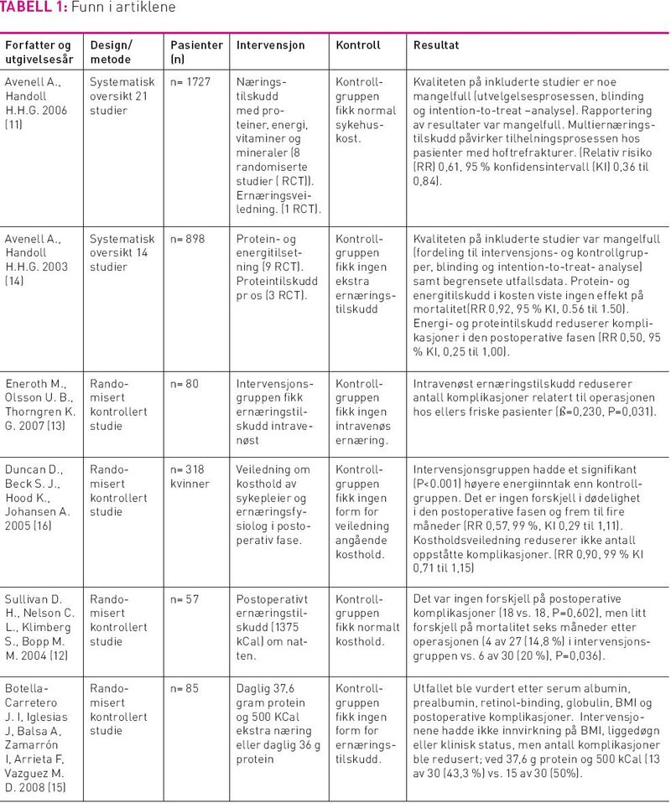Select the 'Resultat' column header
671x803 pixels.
(x=435, y=44)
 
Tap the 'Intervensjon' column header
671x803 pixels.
(x=271, y=44)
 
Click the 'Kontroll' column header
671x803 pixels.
(x=357, y=44)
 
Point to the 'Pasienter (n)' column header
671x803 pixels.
(x=196, y=52)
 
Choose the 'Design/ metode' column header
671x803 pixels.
(x=111, y=52)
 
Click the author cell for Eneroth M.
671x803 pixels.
(x=39, y=405)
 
